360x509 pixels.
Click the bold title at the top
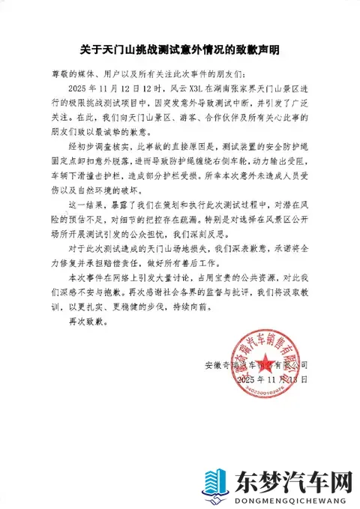coord(180,50)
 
